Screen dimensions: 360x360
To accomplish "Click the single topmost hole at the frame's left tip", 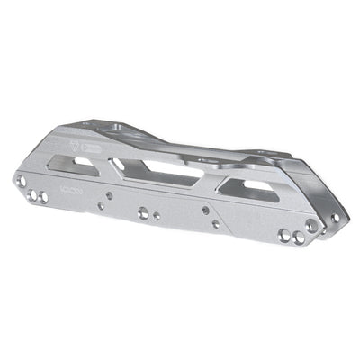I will (x=21, y=181).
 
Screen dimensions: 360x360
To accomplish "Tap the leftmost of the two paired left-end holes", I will (x=31, y=194).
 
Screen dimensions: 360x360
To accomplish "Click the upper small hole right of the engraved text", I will (x=108, y=193).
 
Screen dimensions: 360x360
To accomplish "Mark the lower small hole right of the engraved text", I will (x=101, y=206).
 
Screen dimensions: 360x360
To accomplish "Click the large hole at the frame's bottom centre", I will (x=143, y=213).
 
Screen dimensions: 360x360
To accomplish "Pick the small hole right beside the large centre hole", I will (x=157, y=216).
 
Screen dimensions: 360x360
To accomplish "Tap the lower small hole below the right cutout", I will (x=215, y=223).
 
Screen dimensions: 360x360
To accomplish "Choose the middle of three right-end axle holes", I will (x=298, y=237).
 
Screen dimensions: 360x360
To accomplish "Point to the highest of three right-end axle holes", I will (x=312, y=227).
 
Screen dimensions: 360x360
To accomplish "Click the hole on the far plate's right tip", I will (x=335, y=217).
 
